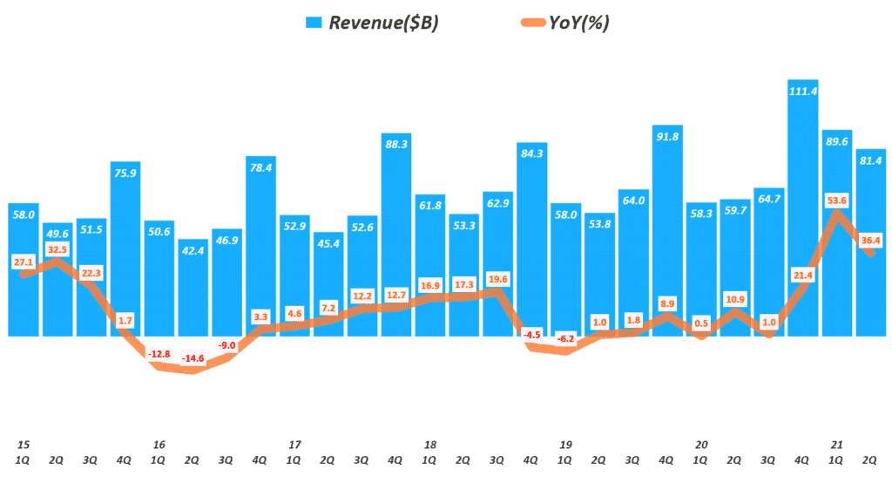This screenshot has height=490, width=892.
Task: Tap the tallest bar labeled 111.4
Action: (802, 209)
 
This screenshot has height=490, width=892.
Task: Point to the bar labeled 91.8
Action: (667, 231)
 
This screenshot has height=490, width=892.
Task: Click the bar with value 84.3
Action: (532, 240)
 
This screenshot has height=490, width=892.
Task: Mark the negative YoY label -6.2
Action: (566, 337)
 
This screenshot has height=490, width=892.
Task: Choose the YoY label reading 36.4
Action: (870, 240)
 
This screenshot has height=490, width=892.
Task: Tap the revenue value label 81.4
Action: (870, 160)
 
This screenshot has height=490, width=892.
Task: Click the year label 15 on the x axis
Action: (24, 444)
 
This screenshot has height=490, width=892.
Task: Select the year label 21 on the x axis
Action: (836, 444)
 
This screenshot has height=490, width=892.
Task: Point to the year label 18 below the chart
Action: (430, 444)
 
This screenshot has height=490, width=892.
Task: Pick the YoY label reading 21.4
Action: (802, 276)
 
